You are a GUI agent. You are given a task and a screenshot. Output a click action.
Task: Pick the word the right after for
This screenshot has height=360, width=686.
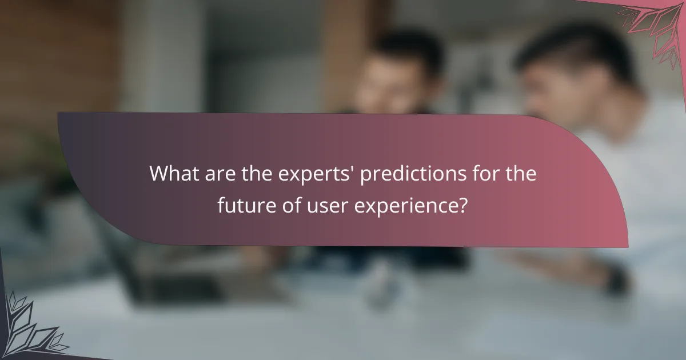(517, 174)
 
